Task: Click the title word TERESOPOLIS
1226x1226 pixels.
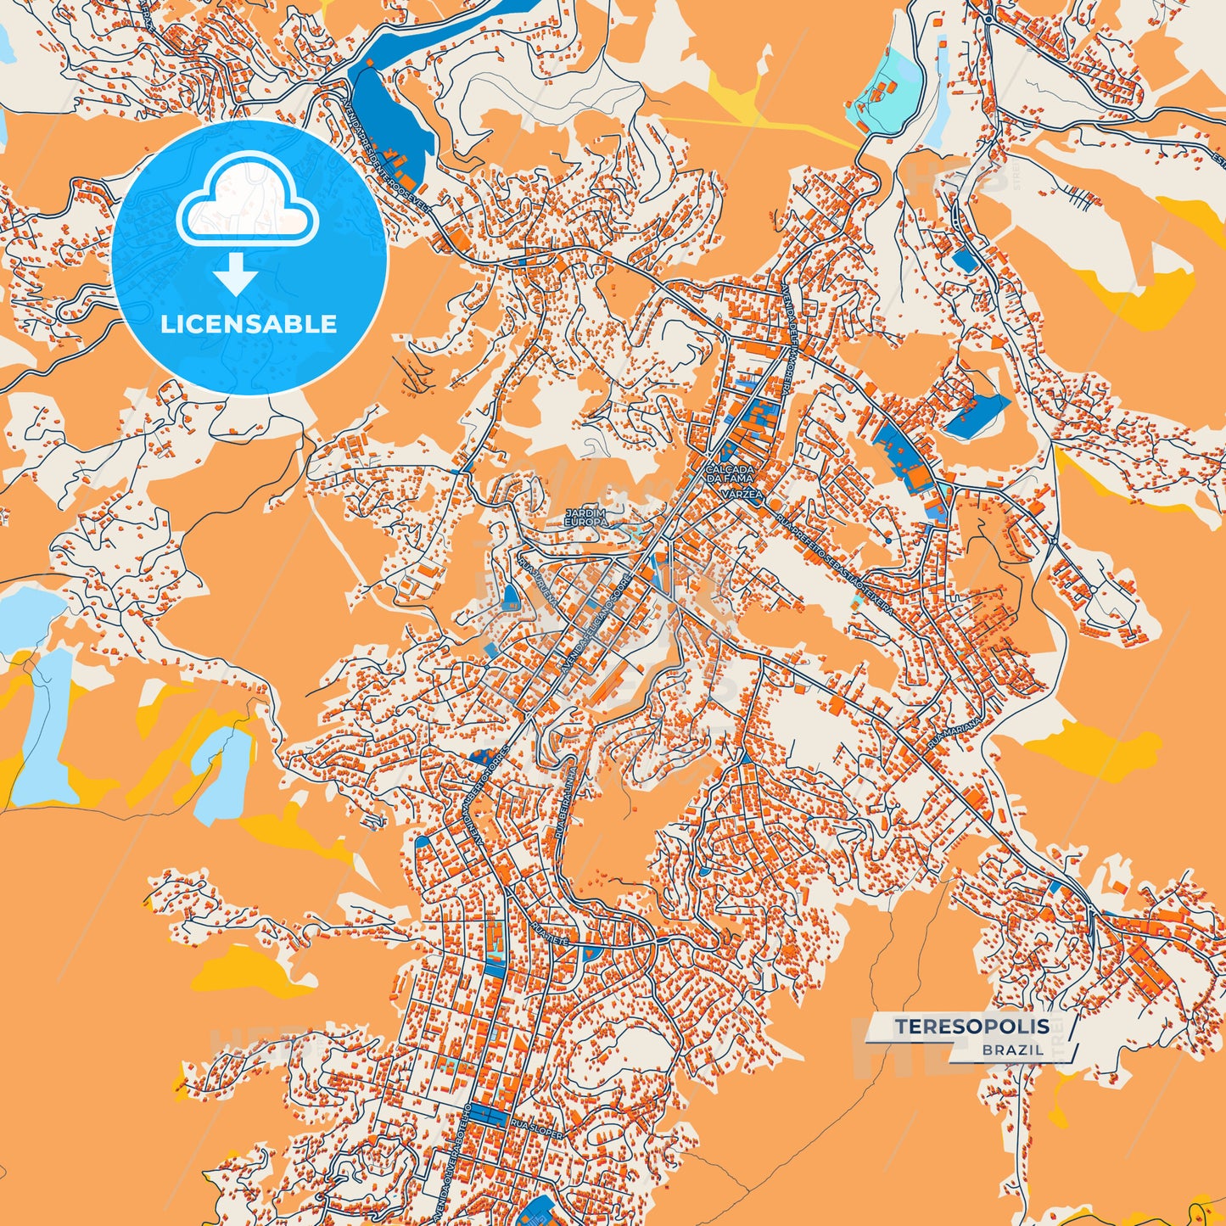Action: point(971,1027)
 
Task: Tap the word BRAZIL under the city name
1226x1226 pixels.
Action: point(1013,1050)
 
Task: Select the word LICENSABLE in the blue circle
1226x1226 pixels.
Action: point(249,324)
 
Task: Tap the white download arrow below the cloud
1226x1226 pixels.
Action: point(236,275)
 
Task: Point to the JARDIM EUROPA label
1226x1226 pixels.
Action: point(585,518)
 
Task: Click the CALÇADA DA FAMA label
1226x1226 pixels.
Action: point(729,473)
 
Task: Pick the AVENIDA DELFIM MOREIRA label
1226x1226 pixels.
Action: point(785,339)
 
